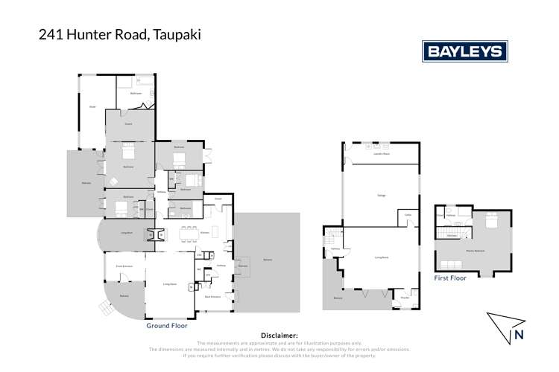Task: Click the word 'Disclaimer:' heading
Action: (279, 336)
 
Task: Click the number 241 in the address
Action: (51, 33)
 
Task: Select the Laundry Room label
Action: (381, 153)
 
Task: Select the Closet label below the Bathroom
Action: (128, 124)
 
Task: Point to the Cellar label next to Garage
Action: (409, 215)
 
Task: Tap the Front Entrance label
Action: (123, 265)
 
